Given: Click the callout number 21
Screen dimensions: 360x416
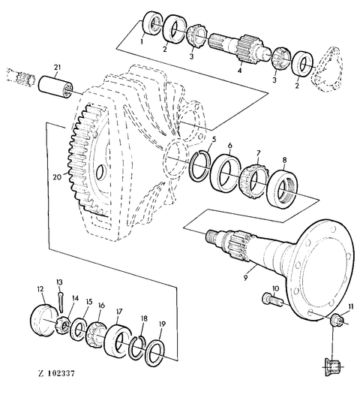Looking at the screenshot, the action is pyautogui.click(x=57, y=68).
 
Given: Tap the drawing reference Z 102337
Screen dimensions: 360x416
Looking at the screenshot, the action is pyautogui.click(x=56, y=373).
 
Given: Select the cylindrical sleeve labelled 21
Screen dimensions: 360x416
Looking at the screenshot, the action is pyautogui.click(x=55, y=86).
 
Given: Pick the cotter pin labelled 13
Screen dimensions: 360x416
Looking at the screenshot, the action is pyautogui.click(x=60, y=302).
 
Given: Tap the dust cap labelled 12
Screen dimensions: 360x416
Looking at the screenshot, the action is pyautogui.click(x=44, y=321).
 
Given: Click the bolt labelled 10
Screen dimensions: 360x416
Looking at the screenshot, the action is pyautogui.click(x=273, y=300).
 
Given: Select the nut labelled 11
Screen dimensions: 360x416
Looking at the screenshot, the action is pyautogui.click(x=337, y=319).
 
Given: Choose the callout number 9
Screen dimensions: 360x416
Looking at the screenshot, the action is pyautogui.click(x=245, y=278).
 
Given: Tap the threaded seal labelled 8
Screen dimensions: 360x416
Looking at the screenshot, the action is pyautogui.click(x=282, y=188).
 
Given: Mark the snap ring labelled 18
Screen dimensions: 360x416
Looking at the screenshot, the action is pyautogui.click(x=137, y=347).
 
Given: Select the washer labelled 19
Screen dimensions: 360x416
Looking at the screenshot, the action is pyautogui.click(x=155, y=353).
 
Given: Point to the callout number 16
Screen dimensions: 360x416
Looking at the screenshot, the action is pyautogui.click(x=101, y=306).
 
